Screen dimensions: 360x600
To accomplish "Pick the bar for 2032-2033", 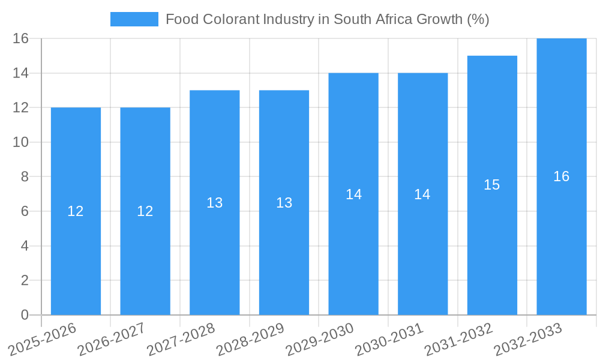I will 562,240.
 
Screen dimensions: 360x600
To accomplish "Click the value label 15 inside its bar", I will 492,185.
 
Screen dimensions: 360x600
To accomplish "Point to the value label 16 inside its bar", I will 562,176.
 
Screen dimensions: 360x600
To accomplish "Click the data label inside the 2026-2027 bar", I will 145,211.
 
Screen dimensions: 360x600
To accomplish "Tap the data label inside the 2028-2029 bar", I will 284,203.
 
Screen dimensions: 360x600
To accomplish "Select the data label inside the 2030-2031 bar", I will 422,194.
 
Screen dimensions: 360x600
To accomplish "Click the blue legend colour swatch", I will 134,19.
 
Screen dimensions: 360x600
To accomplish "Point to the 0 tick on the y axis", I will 25,315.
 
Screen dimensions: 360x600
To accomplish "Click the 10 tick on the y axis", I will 21,142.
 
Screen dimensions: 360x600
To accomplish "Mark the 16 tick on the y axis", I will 21,38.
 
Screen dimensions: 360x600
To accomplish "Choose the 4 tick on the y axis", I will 25,246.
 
